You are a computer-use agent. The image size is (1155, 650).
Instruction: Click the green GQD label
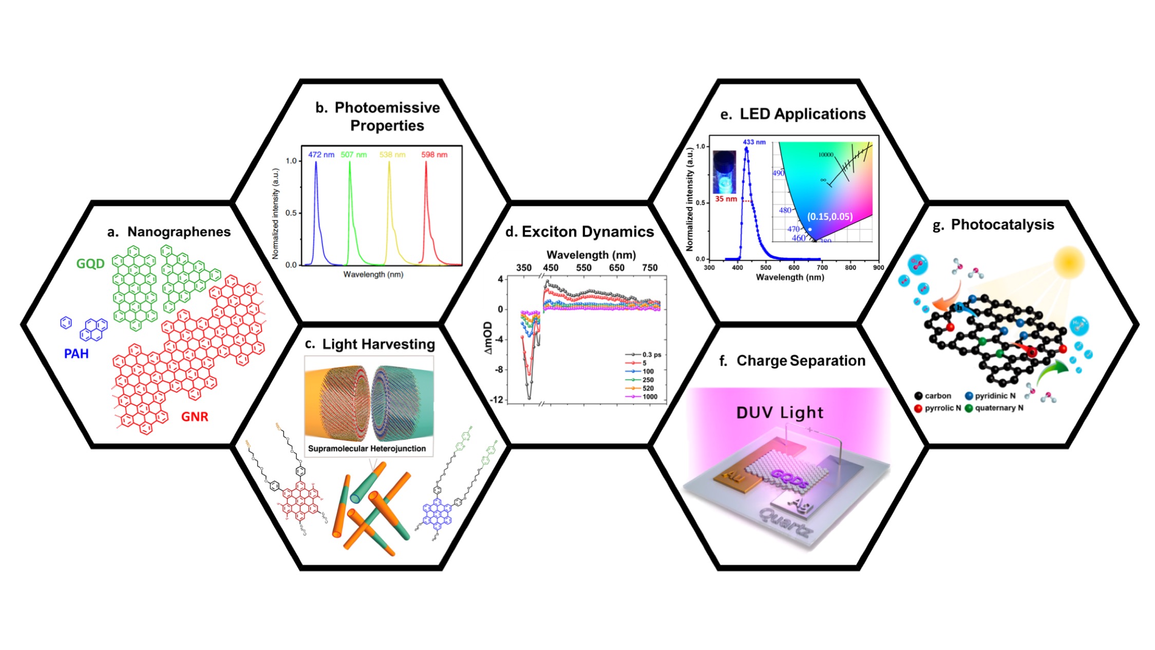click(90, 264)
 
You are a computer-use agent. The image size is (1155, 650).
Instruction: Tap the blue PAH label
click(76, 354)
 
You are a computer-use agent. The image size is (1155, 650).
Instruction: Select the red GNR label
click(195, 416)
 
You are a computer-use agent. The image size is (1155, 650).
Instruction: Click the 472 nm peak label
click(321, 154)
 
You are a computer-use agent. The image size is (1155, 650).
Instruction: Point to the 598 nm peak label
click(434, 154)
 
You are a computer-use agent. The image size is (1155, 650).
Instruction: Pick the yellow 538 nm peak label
click(392, 154)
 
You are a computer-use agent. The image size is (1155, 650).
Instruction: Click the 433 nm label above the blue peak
click(754, 142)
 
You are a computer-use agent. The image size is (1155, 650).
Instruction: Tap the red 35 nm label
click(726, 199)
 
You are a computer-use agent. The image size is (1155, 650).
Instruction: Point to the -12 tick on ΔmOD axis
click(497, 400)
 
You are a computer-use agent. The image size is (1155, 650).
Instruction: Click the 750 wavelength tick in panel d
click(650, 268)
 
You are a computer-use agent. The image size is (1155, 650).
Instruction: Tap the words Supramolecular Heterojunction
click(367, 449)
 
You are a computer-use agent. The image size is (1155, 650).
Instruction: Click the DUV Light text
click(780, 413)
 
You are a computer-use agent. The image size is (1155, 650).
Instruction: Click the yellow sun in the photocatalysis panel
click(1069, 262)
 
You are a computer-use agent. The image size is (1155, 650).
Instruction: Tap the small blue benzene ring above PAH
click(66, 322)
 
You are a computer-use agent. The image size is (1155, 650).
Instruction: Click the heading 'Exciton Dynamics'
click(588, 232)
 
